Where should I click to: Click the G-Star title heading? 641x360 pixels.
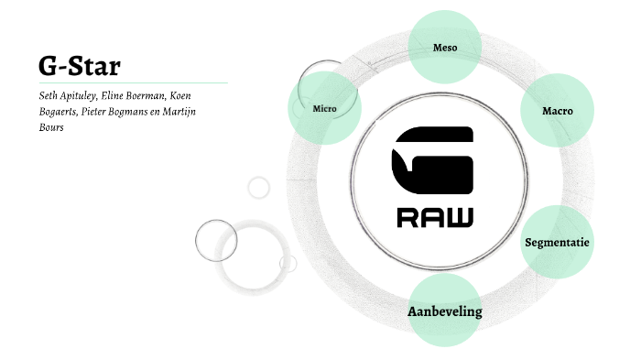click(x=80, y=65)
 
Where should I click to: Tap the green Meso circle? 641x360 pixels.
click(x=445, y=46)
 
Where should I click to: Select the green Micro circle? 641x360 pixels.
click(x=324, y=109)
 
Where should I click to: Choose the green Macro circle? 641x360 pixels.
click(x=557, y=111)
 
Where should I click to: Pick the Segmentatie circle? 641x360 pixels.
click(x=557, y=243)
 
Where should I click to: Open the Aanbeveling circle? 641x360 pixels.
click(x=444, y=311)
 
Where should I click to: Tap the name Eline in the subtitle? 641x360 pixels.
click(x=127, y=95)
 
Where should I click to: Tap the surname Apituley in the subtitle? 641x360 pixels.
click(x=85, y=95)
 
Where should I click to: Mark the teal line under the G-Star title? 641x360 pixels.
click(x=128, y=82)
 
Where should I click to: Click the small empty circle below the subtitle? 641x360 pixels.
click(x=259, y=187)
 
